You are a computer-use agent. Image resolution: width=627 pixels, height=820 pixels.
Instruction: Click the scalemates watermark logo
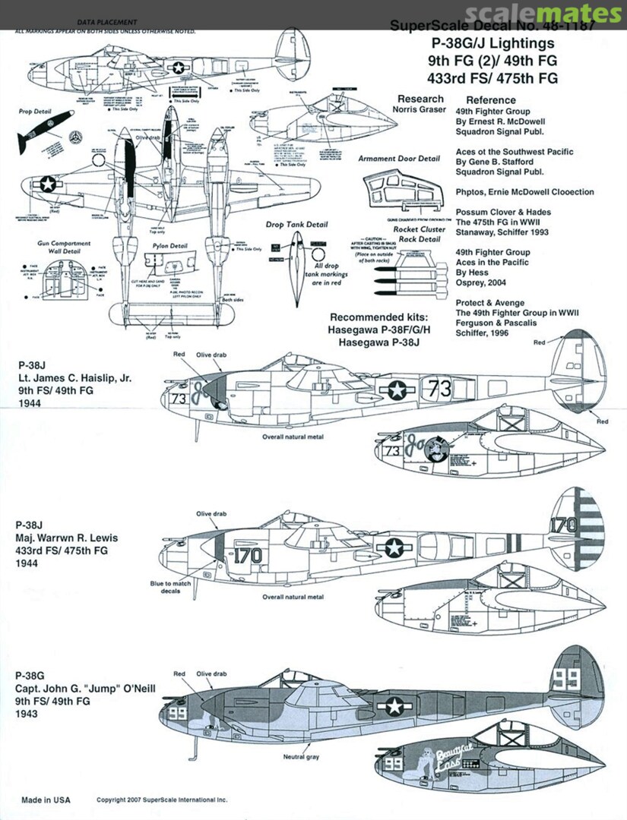(x=544, y=14)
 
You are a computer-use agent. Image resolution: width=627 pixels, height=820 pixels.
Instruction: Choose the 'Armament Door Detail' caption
(x=399, y=159)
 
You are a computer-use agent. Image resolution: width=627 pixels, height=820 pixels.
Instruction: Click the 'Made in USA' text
(x=45, y=799)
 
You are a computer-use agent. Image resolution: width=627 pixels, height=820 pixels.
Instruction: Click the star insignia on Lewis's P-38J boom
(x=395, y=546)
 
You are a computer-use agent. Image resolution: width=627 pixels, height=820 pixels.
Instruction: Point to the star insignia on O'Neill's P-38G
(x=394, y=706)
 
